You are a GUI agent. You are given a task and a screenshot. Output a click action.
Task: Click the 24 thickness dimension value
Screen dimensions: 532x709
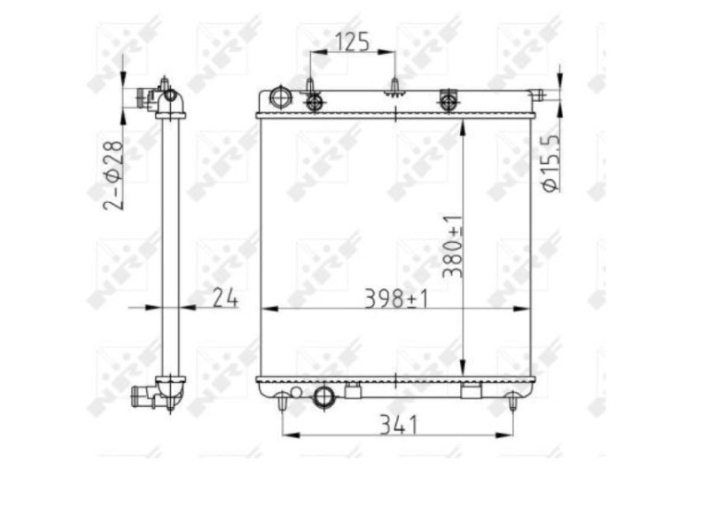(x=225, y=299)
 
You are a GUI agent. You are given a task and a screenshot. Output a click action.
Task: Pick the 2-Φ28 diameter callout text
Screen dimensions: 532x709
(x=113, y=173)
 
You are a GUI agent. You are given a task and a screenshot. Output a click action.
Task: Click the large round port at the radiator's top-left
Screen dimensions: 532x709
(x=280, y=97)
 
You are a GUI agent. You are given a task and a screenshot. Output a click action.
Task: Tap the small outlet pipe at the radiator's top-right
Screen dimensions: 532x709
(x=537, y=94)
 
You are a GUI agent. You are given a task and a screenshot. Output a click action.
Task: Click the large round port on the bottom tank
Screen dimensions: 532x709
(x=325, y=395)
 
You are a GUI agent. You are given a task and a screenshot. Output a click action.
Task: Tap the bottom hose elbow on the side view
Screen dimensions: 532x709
(x=163, y=392)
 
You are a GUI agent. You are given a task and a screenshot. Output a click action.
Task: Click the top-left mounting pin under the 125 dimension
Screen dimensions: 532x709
(x=310, y=87)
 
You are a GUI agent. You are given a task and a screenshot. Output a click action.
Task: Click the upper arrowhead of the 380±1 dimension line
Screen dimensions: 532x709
(x=463, y=125)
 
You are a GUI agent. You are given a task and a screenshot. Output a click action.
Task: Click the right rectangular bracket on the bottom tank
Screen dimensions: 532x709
(x=471, y=390)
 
